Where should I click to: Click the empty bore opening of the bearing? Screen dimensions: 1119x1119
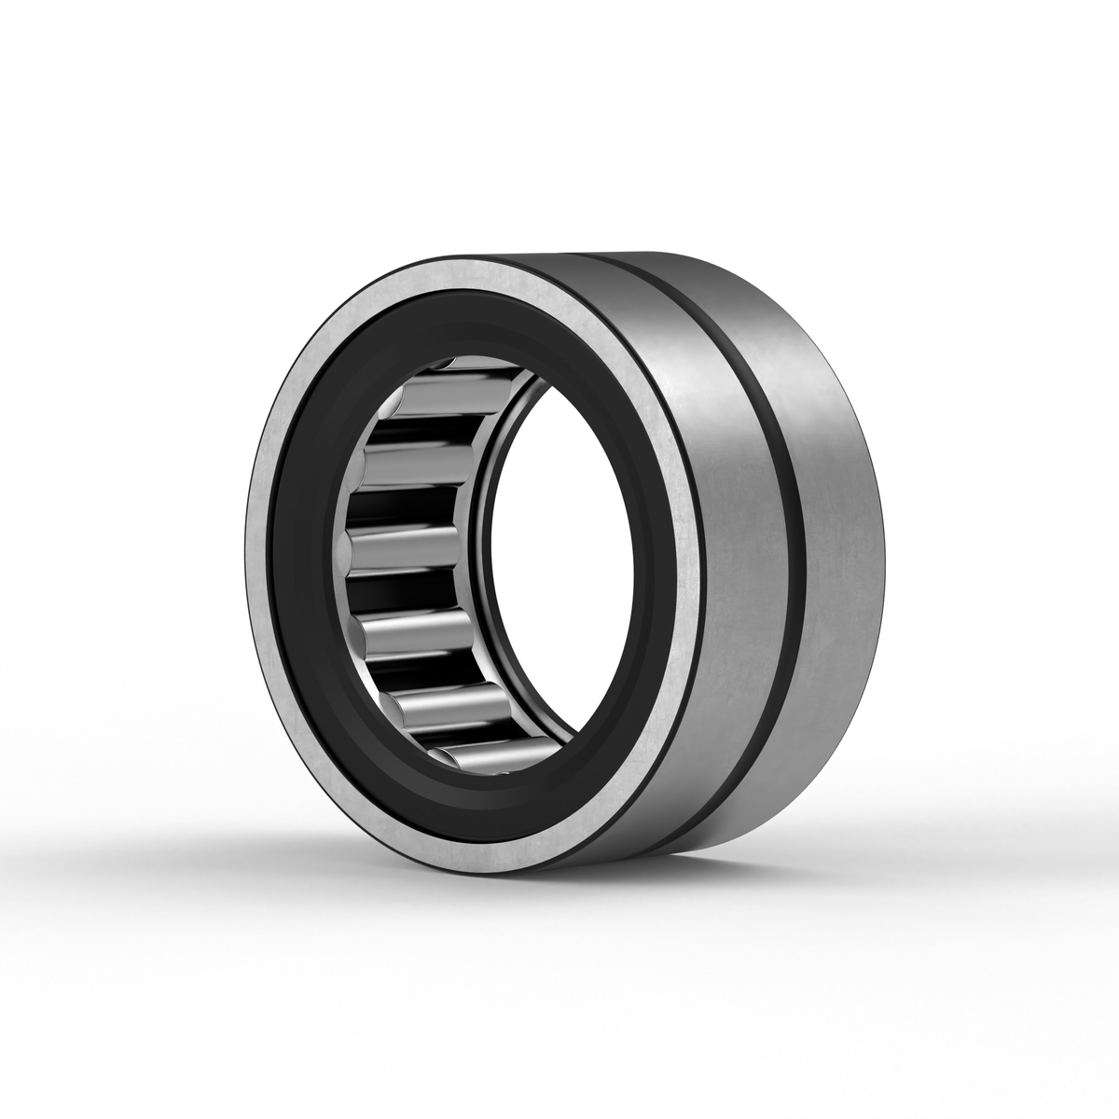point(559,559)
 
